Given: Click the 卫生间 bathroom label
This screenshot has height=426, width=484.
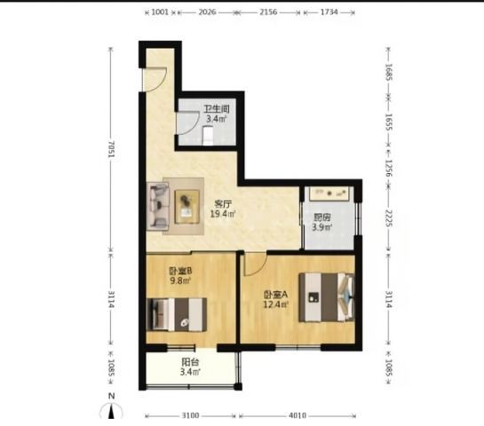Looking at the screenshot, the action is pyautogui.click(x=217, y=109).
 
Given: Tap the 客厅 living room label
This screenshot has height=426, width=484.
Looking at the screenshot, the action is pyautogui.click(x=223, y=203).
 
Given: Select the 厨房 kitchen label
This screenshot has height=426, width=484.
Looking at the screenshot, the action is pyautogui.click(x=322, y=217).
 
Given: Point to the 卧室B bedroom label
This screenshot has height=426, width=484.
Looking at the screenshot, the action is pyautogui.click(x=180, y=271).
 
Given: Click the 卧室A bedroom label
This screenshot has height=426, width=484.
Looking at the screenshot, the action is pyautogui.click(x=275, y=295).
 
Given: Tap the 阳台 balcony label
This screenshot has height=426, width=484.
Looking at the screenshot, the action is pyautogui.click(x=190, y=362).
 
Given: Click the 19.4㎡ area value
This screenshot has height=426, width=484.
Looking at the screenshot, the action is pyautogui.click(x=223, y=214).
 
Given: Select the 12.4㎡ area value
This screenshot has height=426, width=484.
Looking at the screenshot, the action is pyautogui.click(x=275, y=304).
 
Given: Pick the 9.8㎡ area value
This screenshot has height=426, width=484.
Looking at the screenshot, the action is pyautogui.click(x=180, y=280).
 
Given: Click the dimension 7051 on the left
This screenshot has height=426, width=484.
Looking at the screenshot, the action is pyautogui.click(x=111, y=149).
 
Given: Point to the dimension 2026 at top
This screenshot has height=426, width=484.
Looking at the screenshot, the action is pyautogui.click(x=207, y=12).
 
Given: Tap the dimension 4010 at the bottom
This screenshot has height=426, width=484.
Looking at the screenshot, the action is pyautogui.click(x=298, y=415).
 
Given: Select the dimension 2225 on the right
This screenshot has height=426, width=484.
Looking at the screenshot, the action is pyautogui.click(x=389, y=218).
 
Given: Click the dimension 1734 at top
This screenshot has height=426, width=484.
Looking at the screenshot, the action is pyautogui.click(x=329, y=12).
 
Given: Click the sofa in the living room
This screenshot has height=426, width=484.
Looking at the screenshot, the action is pyautogui.click(x=158, y=206).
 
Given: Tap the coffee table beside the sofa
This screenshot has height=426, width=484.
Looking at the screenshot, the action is pyautogui.click(x=186, y=207).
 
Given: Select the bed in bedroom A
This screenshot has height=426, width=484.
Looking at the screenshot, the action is pyautogui.click(x=327, y=297).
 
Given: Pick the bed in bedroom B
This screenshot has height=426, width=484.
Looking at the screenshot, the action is pyautogui.click(x=177, y=315).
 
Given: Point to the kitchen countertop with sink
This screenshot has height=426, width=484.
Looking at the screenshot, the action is pyautogui.click(x=329, y=193).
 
